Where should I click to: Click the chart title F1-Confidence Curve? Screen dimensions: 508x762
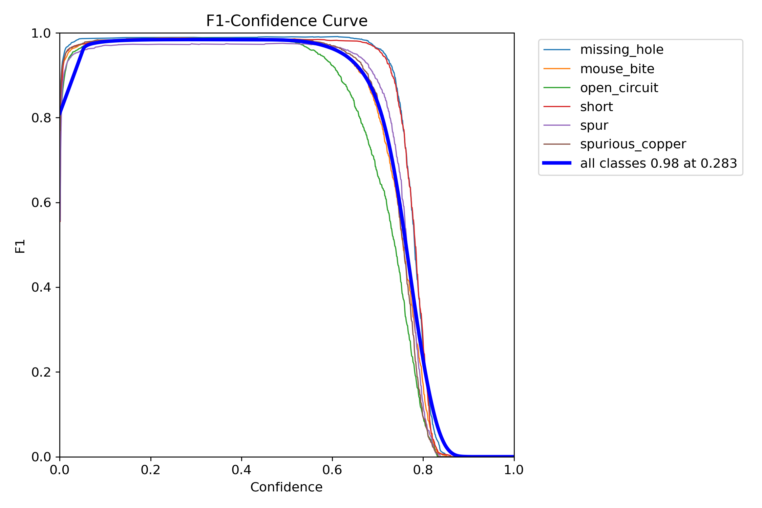(287, 21)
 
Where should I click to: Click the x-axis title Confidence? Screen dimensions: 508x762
(286, 487)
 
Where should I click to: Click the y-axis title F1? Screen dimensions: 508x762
(20, 246)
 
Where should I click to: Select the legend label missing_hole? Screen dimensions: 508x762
(621, 50)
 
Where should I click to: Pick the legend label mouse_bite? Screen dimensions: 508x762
(617, 69)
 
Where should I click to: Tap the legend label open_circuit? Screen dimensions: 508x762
(619, 88)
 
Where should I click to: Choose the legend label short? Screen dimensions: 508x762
(596, 107)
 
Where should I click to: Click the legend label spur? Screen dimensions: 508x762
(594, 126)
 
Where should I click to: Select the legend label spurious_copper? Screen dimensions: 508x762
(633, 144)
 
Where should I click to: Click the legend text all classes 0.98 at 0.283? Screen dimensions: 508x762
(658, 163)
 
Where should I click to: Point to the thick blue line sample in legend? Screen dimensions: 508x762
(557, 163)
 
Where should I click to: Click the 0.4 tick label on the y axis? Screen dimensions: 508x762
(41, 288)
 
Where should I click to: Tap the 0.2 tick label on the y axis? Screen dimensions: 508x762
(41, 372)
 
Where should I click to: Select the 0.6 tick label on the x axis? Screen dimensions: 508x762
(332, 470)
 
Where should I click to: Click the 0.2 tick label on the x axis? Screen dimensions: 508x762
(151, 470)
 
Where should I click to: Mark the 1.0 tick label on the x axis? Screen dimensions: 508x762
(514, 470)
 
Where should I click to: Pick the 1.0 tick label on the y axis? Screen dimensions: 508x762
(41, 34)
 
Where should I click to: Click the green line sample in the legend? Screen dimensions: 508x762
(557, 88)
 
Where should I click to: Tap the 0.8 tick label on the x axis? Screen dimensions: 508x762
(423, 470)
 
